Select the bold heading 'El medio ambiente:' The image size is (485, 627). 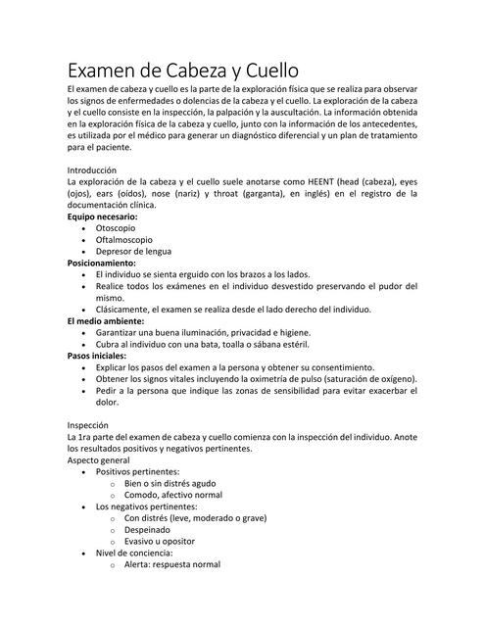coord(106,321)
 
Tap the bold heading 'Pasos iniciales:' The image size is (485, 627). coord(104,356)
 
